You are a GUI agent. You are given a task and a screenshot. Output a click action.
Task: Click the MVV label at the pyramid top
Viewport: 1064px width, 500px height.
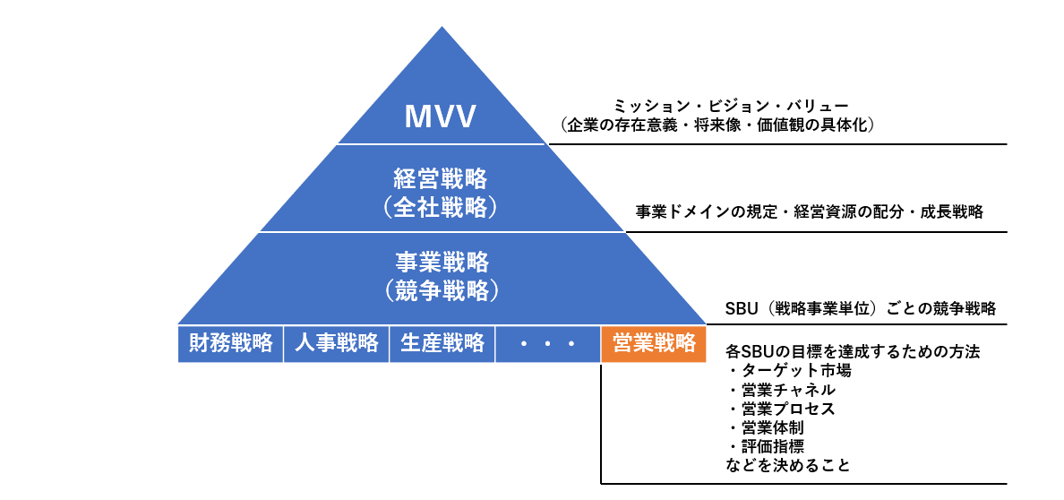[442, 116]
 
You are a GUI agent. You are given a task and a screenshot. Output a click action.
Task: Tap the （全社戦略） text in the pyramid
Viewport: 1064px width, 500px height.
[442, 207]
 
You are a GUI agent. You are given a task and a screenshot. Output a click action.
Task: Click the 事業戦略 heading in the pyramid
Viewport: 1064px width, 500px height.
[442, 262]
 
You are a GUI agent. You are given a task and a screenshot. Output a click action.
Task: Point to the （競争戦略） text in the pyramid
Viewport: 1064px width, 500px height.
[442, 290]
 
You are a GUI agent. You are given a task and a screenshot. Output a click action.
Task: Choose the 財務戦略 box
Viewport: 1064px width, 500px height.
[230, 343]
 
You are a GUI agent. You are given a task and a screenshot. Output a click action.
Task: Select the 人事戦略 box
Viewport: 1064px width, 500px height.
[336, 343]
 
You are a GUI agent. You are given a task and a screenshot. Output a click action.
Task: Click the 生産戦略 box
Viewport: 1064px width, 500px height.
[442, 343]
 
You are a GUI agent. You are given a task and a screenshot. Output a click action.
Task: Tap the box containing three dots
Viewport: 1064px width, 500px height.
[547, 343]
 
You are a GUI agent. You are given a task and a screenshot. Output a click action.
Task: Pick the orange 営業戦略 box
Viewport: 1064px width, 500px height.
[654, 343]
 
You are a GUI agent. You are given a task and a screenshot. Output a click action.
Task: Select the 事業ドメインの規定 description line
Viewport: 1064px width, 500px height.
[810, 212]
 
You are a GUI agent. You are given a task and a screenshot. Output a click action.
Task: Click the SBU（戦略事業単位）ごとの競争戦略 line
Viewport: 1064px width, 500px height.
[860, 309]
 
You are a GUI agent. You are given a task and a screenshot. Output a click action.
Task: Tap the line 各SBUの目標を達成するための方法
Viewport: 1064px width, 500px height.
[853, 351]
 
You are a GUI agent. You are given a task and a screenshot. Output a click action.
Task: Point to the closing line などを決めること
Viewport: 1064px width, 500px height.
[787, 465]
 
